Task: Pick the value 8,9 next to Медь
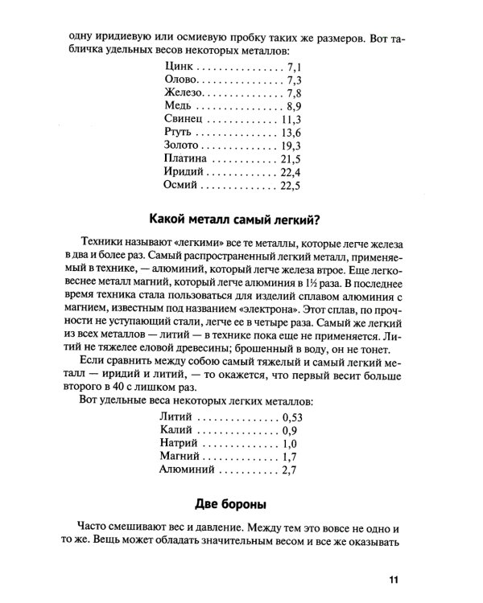(x=292, y=107)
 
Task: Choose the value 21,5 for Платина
(x=290, y=160)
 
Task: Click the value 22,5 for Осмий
(x=290, y=187)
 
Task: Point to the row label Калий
(x=177, y=430)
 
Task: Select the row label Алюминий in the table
(x=188, y=470)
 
